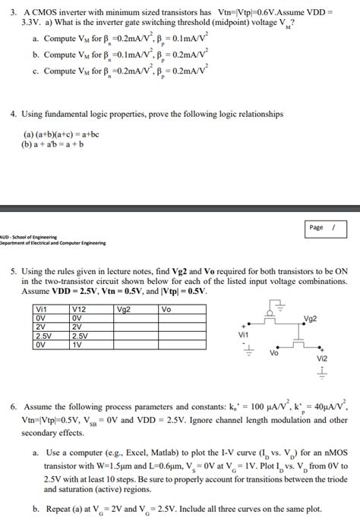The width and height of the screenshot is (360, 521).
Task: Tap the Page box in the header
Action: (322, 227)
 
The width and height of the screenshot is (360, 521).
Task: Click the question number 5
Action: (14, 271)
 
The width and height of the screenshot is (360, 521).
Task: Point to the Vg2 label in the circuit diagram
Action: (310, 319)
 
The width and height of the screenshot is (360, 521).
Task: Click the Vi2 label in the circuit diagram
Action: (321, 358)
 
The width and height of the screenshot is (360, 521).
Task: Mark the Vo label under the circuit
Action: (274, 352)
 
